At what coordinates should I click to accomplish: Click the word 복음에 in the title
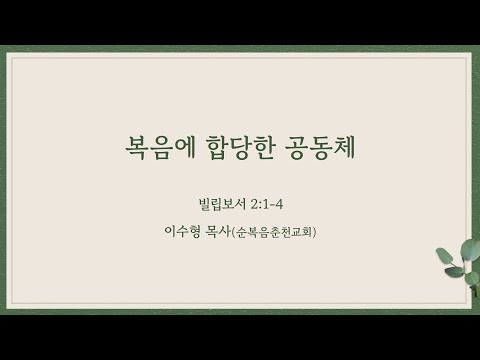tap(160, 147)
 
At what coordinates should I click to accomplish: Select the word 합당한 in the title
tap(241, 147)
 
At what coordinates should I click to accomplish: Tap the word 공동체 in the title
tap(321, 147)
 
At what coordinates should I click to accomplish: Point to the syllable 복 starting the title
tap(137, 148)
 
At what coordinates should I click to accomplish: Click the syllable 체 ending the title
tap(344, 147)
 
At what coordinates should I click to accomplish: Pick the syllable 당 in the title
tap(241, 148)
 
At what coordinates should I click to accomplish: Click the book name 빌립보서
tap(222, 204)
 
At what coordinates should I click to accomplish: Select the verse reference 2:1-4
tap(267, 204)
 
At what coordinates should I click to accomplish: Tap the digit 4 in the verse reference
tap(279, 204)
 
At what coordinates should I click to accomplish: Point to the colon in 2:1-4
tap(261, 205)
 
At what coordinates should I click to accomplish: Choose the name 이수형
tap(182, 231)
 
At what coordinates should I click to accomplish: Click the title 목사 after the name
tap(217, 231)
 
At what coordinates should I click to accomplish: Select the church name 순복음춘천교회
tap(273, 232)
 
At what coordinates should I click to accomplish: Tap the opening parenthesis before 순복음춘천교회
tap(233, 232)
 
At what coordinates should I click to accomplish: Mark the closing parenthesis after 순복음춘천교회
tap(314, 232)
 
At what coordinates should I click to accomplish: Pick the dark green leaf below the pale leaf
tap(454, 272)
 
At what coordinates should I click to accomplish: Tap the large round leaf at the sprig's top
tap(471, 248)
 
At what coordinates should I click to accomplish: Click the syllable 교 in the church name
tap(295, 232)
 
